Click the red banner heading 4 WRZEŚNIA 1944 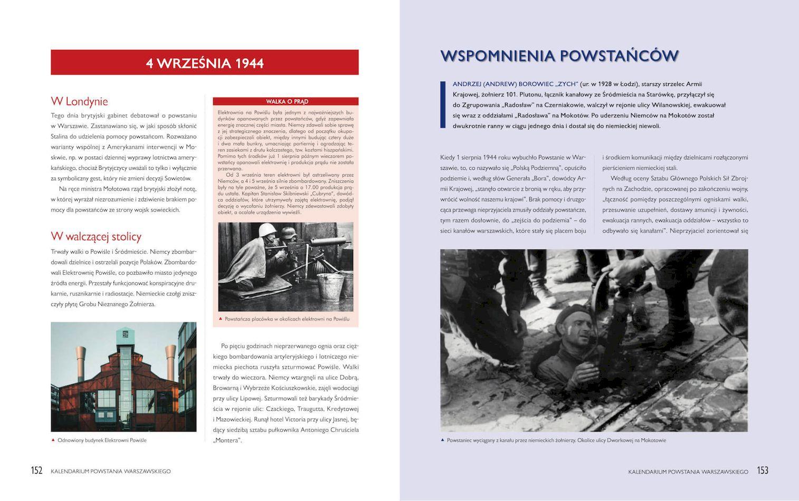(205, 63)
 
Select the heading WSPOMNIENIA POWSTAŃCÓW (559, 56)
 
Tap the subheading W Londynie (79, 101)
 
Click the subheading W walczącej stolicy (96, 236)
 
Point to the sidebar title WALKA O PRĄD (287, 101)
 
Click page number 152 (36, 470)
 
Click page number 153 (763, 470)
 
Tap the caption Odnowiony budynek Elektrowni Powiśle (102, 440)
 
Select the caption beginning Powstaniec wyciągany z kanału (556, 440)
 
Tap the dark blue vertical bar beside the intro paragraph (443, 104)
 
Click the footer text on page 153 (688, 471)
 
